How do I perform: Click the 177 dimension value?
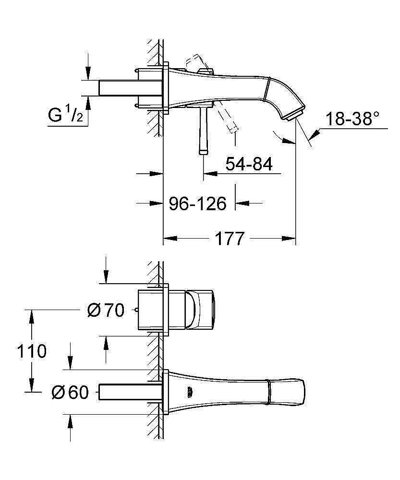[229, 238]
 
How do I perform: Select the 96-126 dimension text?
[197, 204]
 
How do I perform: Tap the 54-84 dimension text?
[249, 164]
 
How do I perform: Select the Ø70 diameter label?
[106, 311]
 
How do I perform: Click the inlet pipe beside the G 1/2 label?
[130, 88]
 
